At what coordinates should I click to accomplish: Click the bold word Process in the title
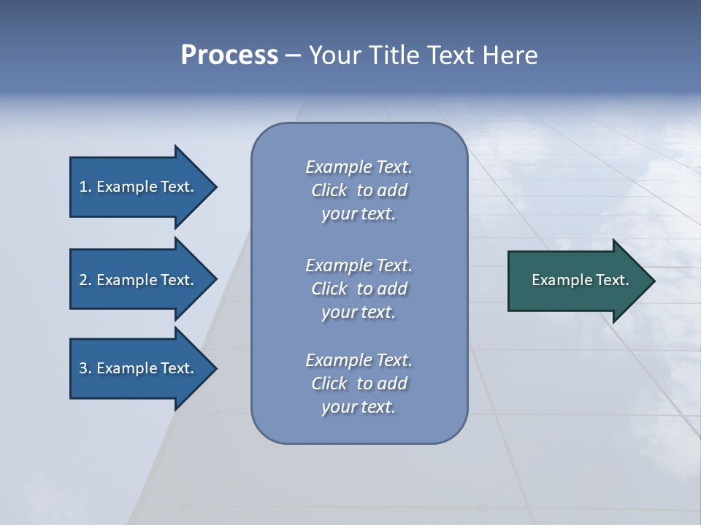pyautogui.click(x=229, y=55)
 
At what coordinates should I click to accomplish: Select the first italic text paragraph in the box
pyautogui.click(x=359, y=190)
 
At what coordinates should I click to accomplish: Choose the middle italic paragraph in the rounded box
pyautogui.click(x=359, y=289)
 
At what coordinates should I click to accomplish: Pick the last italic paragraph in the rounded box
pyautogui.click(x=359, y=384)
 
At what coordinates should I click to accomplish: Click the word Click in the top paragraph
pyautogui.click(x=329, y=190)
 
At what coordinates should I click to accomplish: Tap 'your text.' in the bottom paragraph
pyautogui.click(x=359, y=407)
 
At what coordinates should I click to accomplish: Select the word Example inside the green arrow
pyautogui.click(x=557, y=280)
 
